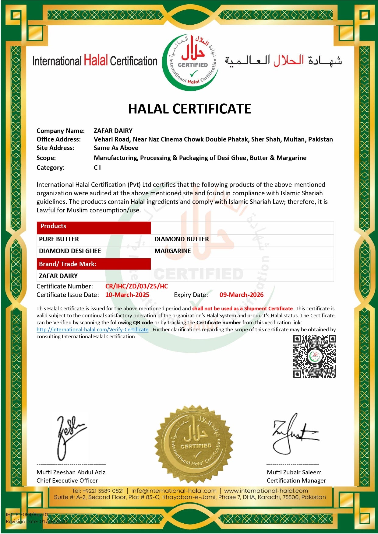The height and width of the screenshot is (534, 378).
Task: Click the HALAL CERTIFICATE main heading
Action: (x=189, y=109)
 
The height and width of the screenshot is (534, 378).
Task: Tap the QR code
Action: (x=314, y=356)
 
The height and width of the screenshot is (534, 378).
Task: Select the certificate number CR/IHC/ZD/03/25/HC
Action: (x=136, y=286)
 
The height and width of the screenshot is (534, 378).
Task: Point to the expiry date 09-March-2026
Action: (x=241, y=295)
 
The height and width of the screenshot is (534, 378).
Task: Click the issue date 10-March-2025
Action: (x=127, y=295)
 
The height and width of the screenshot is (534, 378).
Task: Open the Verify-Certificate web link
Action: (x=92, y=330)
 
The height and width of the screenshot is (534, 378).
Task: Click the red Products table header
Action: (x=94, y=226)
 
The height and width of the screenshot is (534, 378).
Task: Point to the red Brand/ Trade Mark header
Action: (x=94, y=264)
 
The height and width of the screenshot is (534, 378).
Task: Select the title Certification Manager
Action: (x=296, y=480)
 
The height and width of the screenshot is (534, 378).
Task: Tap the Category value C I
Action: (x=97, y=168)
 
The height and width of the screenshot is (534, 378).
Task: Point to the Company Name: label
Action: (x=61, y=131)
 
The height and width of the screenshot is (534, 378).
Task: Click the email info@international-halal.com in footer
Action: (x=174, y=491)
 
